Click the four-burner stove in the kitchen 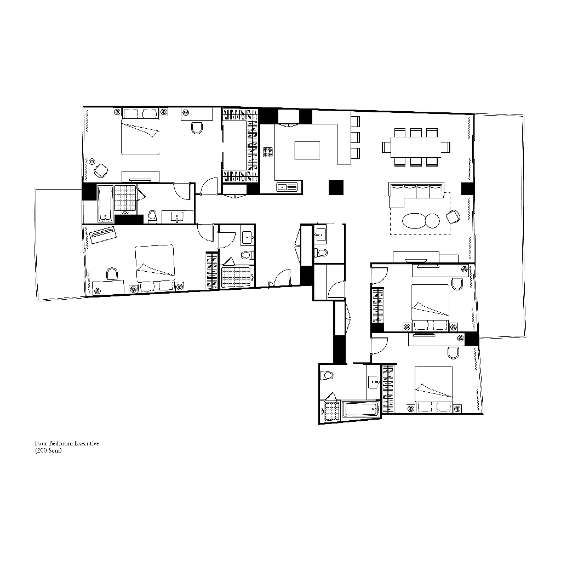coord(268,152)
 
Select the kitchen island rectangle coord(307,150)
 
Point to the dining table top coord(416,147)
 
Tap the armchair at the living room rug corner coord(453,216)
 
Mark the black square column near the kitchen coord(336,187)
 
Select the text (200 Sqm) coord(48,451)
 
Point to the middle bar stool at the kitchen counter coord(354,136)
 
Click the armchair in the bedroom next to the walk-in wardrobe coord(100,170)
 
